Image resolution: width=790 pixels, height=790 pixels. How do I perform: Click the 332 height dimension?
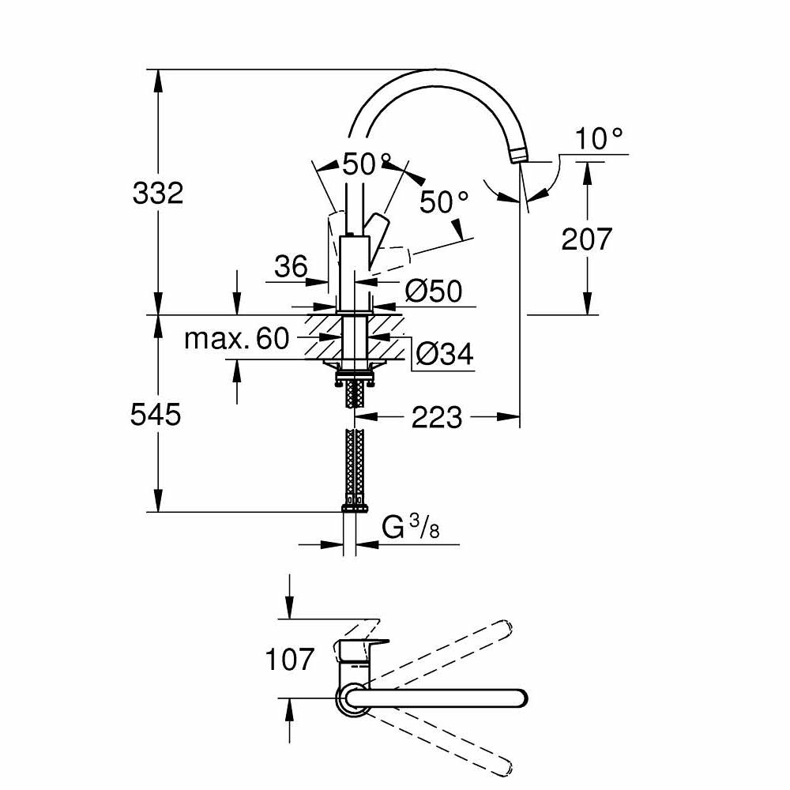point(158,193)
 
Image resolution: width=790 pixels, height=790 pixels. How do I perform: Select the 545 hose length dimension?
point(156,414)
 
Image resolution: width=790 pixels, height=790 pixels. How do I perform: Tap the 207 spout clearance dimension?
point(586,239)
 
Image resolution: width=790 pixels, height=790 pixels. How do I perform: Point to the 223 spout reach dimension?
point(437,416)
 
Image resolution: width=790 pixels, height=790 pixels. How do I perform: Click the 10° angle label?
point(599,140)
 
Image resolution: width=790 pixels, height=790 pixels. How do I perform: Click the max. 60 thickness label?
point(236,339)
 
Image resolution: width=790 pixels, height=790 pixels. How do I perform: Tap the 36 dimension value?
point(290,267)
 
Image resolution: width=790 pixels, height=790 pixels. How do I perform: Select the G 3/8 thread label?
point(410,527)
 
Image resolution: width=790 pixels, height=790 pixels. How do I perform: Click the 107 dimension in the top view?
point(290,658)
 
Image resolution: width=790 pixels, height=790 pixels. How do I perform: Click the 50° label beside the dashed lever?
point(444,202)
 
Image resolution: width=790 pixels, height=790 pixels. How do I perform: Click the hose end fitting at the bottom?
point(352,504)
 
